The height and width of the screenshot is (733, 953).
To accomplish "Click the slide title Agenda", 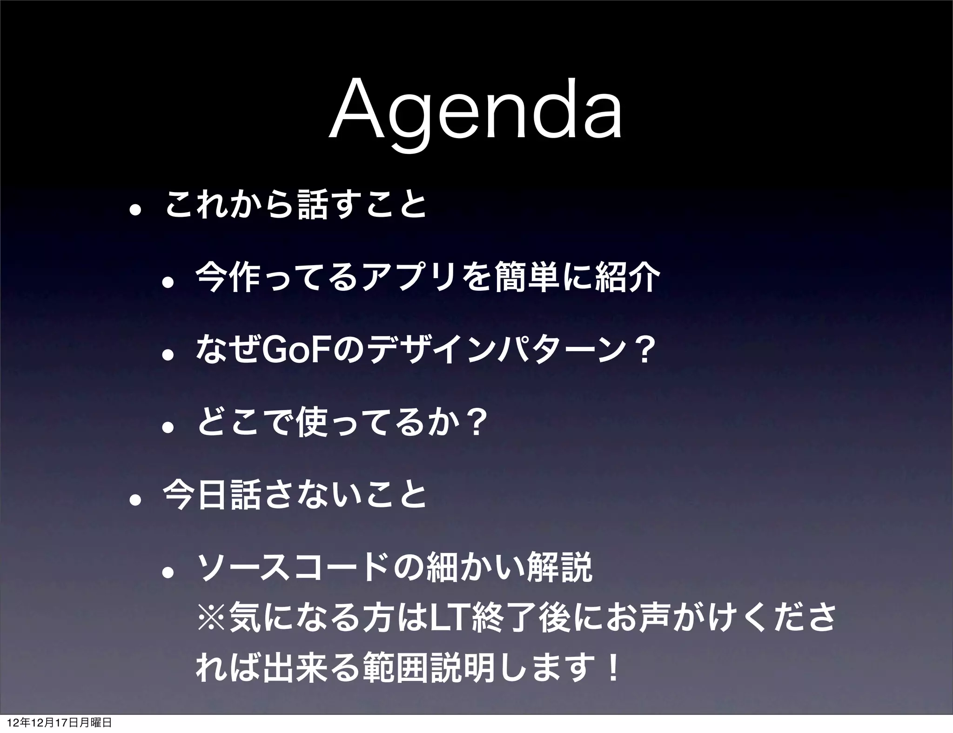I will tap(476, 113).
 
